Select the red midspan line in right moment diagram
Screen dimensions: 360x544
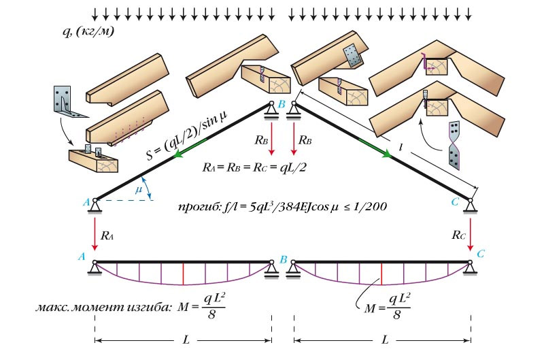click(381, 274)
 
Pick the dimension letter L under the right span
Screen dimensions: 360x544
click(385, 339)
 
